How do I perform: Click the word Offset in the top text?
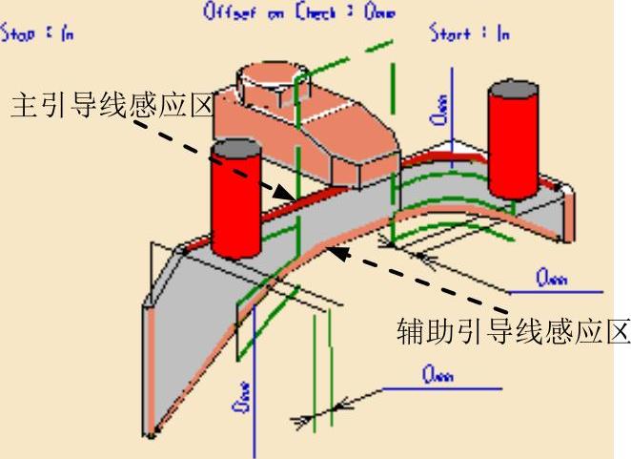226,12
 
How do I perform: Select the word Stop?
17,33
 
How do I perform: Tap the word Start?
450,33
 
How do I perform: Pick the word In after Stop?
66,33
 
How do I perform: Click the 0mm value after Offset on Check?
377,12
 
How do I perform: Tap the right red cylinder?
513,148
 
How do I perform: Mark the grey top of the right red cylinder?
514,92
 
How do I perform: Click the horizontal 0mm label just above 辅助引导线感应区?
551,278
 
